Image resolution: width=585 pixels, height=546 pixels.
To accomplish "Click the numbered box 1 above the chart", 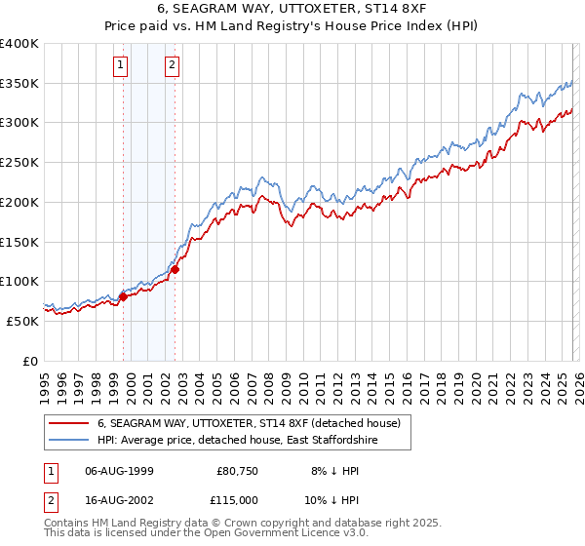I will point(120,66).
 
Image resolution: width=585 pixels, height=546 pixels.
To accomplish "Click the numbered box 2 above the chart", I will point(172,66).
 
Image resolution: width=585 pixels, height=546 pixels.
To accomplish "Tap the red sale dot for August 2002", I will point(175,270).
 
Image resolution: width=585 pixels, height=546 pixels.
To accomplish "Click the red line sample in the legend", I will point(69,423).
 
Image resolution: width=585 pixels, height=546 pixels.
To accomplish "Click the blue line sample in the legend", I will point(69,441).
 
